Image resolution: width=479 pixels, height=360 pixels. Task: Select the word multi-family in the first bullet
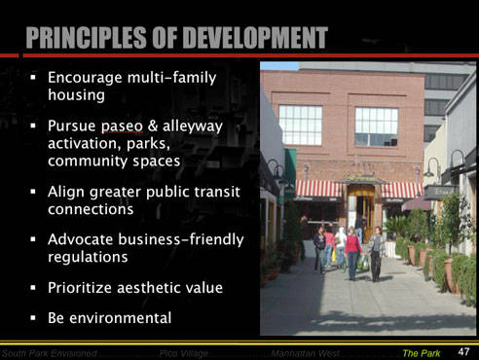click(x=172, y=78)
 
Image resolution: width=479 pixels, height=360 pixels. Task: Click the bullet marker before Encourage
click(x=33, y=78)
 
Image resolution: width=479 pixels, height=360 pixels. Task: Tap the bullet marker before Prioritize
click(x=33, y=289)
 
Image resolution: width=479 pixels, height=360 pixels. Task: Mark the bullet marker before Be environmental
click(x=33, y=319)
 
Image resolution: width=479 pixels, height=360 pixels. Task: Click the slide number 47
click(x=462, y=350)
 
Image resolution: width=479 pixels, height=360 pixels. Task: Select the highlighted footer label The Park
click(x=422, y=351)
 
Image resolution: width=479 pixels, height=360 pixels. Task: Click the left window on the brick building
click(x=301, y=125)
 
